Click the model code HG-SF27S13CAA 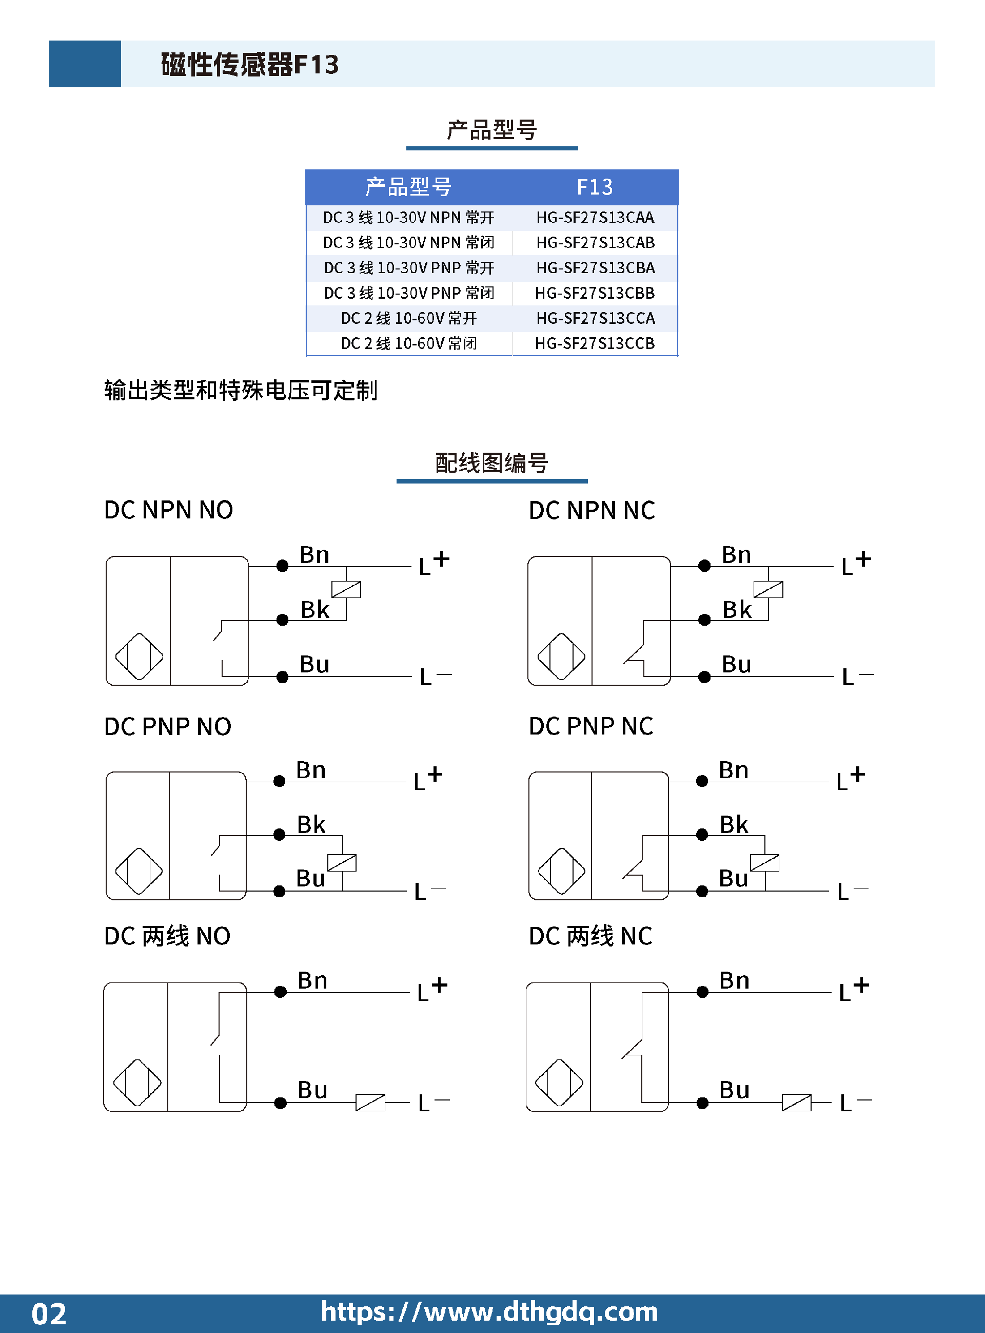(x=595, y=218)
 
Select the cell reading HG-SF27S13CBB (x=595, y=294)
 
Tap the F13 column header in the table (x=595, y=187)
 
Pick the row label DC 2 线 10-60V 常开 (x=409, y=318)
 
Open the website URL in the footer (x=489, y=1312)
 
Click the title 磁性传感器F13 (x=250, y=64)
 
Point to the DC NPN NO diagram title (x=168, y=510)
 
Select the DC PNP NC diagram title (x=591, y=726)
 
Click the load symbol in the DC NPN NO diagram (x=346, y=589)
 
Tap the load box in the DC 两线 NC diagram (x=797, y=1102)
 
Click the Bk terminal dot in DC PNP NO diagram (x=279, y=835)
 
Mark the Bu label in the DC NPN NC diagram (x=736, y=664)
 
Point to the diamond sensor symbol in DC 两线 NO (x=137, y=1083)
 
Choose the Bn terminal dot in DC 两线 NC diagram (x=702, y=992)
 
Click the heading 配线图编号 (x=492, y=463)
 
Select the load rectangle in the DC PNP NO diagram (x=342, y=863)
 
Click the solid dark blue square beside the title (x=85, y=64)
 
